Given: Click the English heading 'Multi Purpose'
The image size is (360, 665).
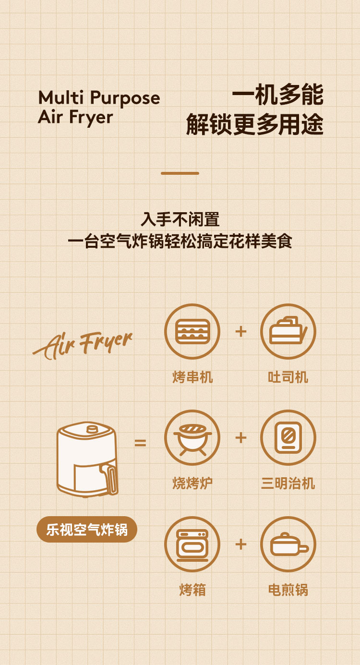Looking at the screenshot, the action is coord(99,98).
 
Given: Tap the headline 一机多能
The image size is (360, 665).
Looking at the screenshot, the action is coord(277,95).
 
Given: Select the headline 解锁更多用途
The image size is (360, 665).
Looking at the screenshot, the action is coord(255,124).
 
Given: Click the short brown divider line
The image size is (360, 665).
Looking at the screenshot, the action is coord(180,173).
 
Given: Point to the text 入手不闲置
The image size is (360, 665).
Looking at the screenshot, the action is coord(180,219).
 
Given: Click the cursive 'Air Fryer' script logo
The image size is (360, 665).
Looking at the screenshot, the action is coord(82,345).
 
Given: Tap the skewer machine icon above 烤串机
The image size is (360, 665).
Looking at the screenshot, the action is coord(192,331).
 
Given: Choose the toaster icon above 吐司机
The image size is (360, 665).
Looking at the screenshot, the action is coord(288,331).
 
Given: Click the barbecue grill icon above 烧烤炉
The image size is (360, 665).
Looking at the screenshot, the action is coord(192,437).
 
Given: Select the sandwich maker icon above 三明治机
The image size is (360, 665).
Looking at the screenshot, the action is coord(288,437).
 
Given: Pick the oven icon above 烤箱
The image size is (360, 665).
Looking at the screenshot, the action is coord(192,544).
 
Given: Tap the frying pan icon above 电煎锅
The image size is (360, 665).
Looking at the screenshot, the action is coord(288,544).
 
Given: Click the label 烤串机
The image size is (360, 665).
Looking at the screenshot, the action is coord(192,377).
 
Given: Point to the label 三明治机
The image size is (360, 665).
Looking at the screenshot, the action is coord(288,484).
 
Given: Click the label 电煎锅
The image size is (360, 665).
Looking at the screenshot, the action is coord(288,590).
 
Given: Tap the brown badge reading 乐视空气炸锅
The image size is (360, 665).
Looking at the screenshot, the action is coord(87,530).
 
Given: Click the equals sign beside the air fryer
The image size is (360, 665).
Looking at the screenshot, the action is coord(140,443).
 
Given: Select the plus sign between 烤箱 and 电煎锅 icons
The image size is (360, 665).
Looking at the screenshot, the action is coord(240,544).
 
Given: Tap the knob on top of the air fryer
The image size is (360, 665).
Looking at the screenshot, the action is coord(93,429).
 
